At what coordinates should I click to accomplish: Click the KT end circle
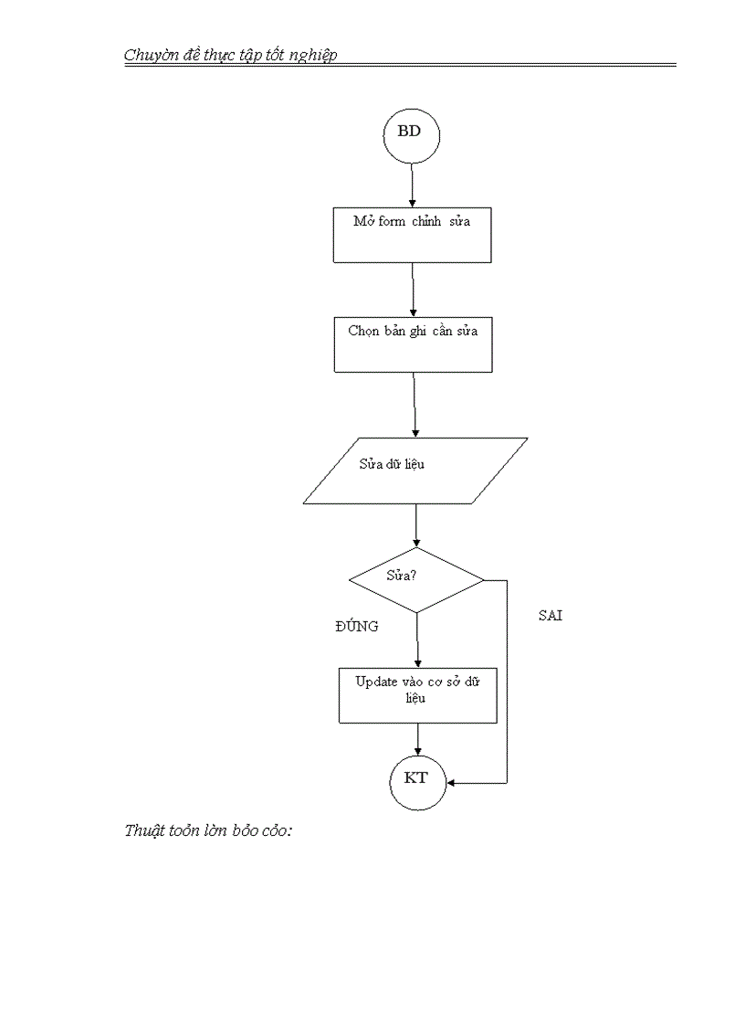[x=417, y=781]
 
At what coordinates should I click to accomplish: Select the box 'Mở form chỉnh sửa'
[x=413, y=234]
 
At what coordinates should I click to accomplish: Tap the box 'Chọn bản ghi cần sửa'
[x=413, y=344]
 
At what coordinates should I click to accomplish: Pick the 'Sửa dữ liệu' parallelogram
[x=415, y=471]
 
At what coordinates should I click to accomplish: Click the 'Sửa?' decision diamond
[x=416, y=580]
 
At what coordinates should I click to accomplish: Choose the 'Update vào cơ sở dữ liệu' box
[x=417, y=695]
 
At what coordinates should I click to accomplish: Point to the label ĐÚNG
[x=356, y=627]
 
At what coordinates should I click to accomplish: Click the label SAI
[x=551, y=616]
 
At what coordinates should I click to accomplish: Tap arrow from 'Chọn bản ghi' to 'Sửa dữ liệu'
[x=414, y=404]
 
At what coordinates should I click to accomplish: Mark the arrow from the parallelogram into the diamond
[x=416, y=525]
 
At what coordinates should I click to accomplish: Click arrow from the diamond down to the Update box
[x=417, y=640]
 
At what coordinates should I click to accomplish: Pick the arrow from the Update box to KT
[x=417, y=739]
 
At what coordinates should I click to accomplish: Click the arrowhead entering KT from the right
[x=451, y=783]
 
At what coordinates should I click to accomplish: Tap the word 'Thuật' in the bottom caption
[x=143, y=831]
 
